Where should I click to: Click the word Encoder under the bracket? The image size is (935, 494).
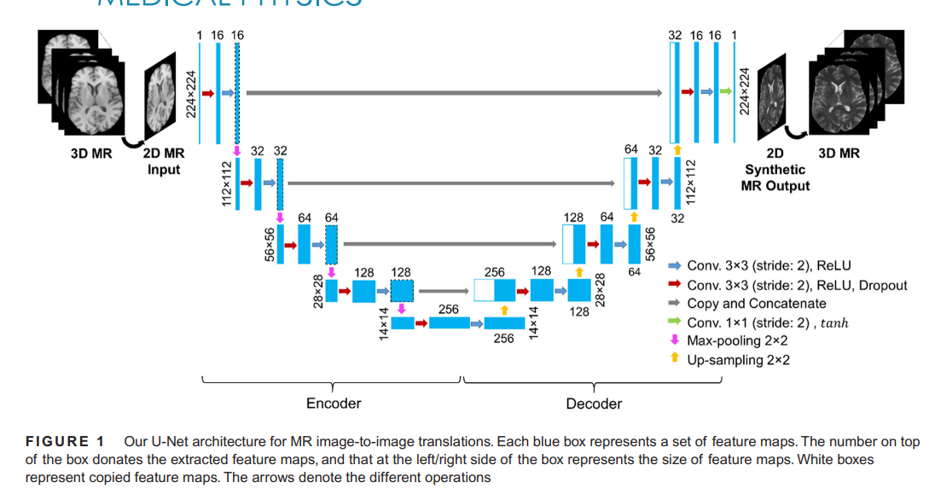pyautogui.click(x=334, y=403)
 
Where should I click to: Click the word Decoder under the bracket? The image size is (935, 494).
pyautogui.click(x=594, y=403)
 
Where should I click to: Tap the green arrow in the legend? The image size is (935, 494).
pyautogui.click(x=674, y=323)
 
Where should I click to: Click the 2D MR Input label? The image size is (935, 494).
pyautogui.click(x=163, y=161)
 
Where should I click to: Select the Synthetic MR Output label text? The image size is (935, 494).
pyautogui.click(x=775, y=177)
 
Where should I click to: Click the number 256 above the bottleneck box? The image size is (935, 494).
pyautogui.click(x=449, y=309)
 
